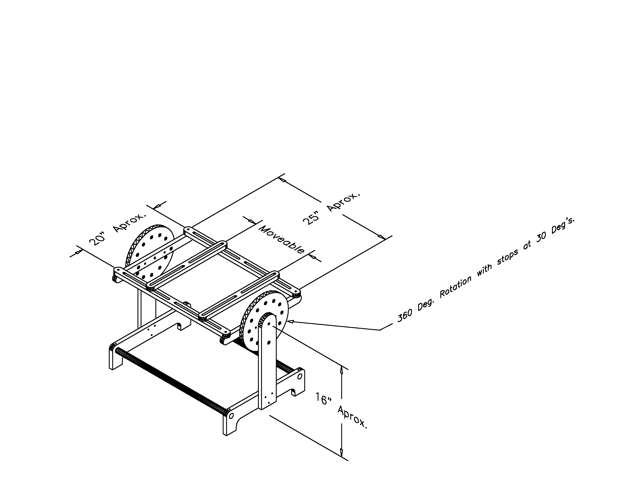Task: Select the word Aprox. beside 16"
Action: tap(352, 417)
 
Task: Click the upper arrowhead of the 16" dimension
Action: tap(341, 370)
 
